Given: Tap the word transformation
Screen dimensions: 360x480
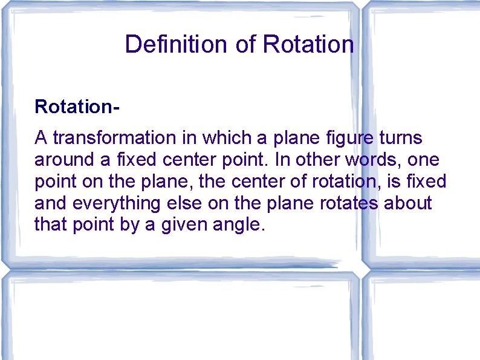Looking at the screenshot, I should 112,139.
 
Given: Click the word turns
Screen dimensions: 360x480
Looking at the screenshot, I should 401,139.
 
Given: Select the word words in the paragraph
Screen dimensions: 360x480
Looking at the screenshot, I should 374,160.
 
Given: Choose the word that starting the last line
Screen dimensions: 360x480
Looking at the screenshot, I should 50,226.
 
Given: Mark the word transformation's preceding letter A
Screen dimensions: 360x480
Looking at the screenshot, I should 41,139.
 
